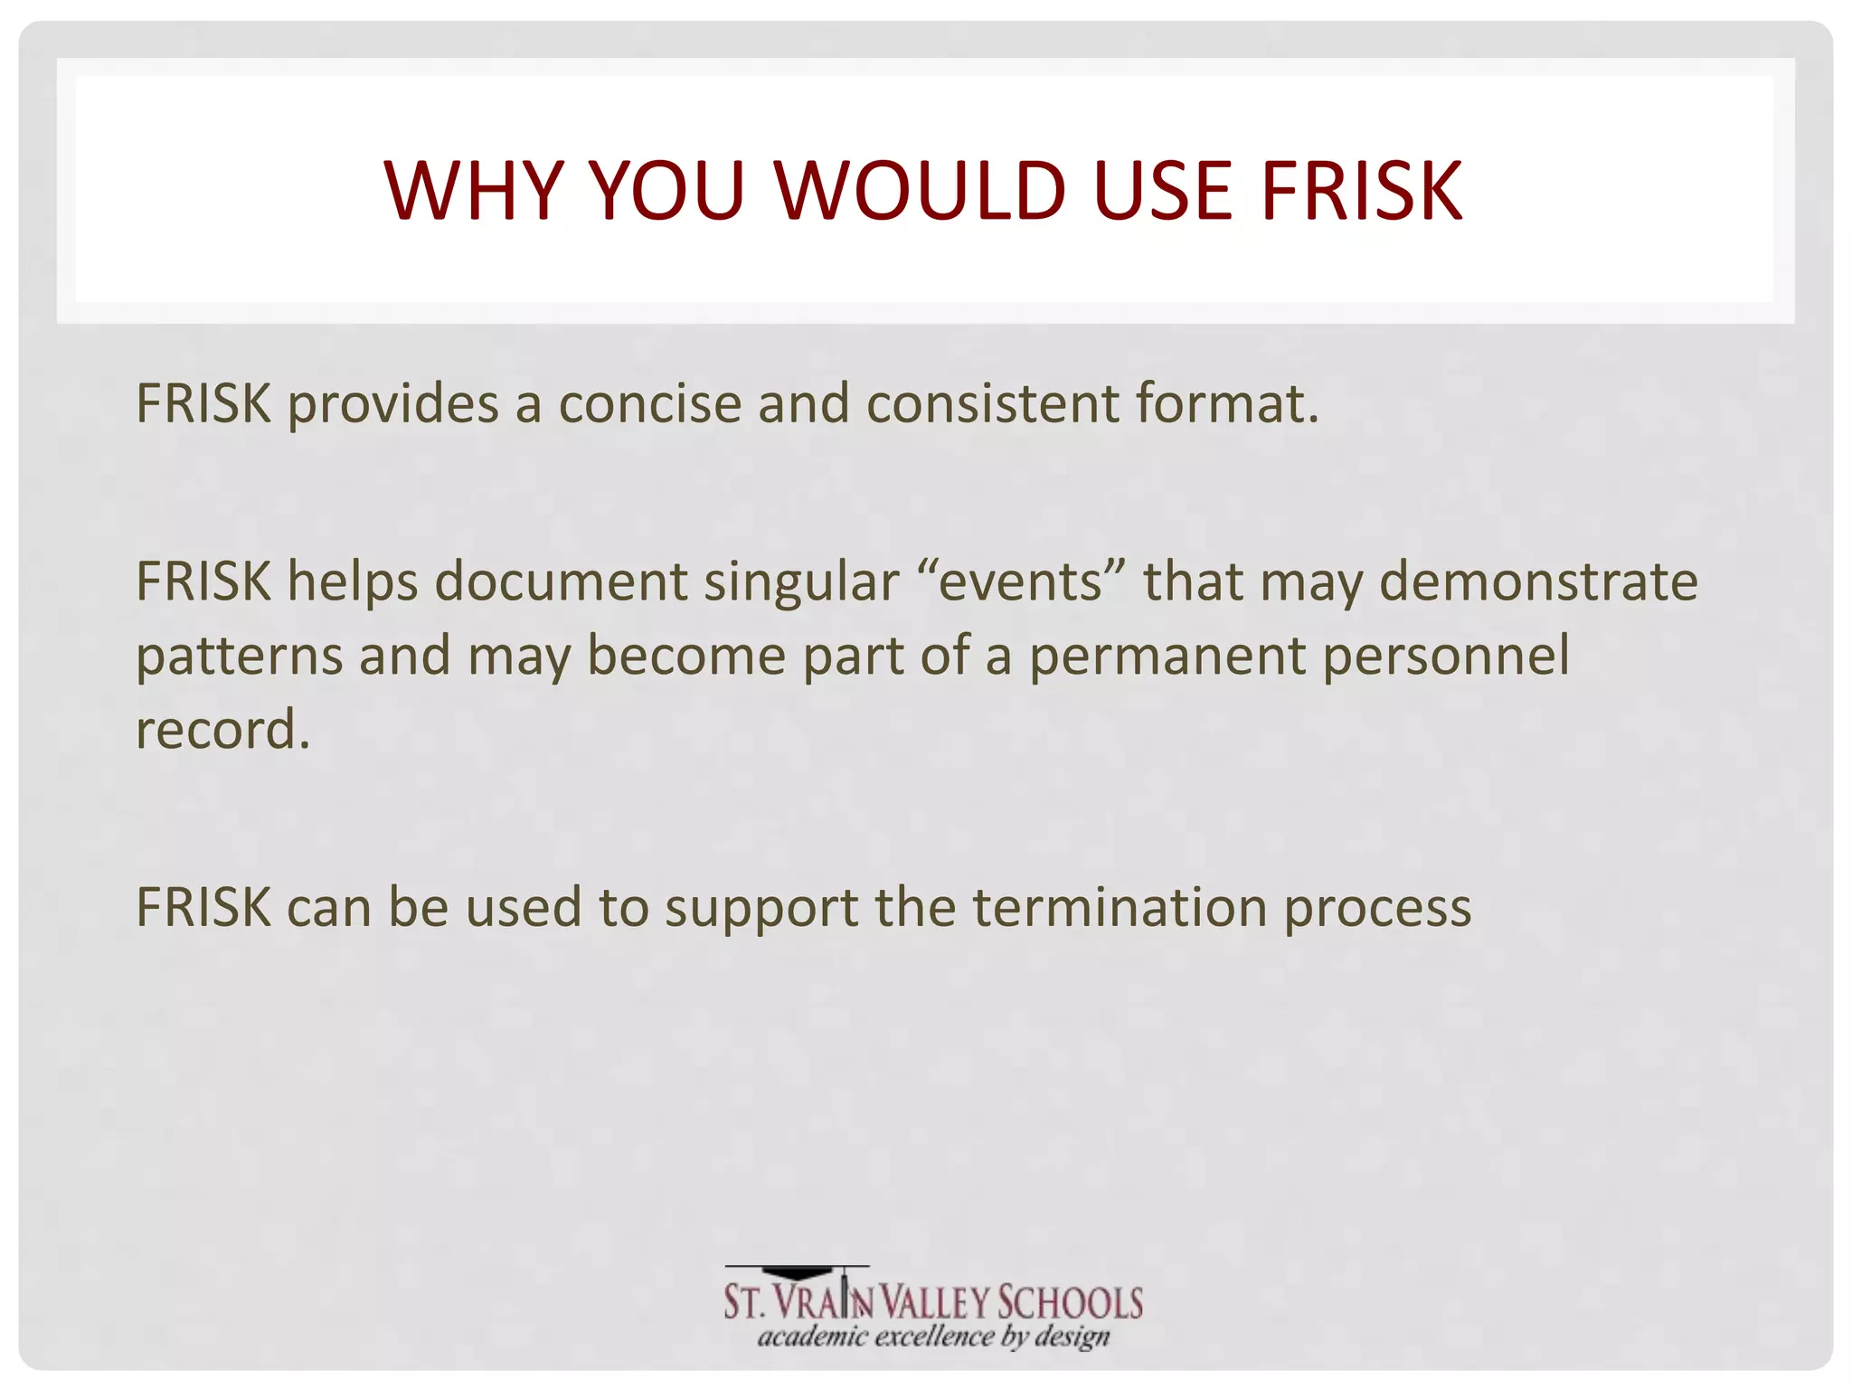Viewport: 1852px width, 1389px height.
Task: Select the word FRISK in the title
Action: (1361, 191)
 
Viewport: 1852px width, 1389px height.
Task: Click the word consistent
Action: (992, 403)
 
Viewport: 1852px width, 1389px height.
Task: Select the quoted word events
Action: (1020, 581)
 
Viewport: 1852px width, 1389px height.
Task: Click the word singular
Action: (801, 581)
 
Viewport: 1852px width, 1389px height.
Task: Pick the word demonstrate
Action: (1538, 581)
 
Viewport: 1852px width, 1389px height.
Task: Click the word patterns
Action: (239, 657)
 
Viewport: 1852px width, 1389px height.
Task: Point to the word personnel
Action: (1446, 655)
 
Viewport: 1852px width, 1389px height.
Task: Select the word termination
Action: (1120, 907)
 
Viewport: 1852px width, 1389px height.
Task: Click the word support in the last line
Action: (761, 909)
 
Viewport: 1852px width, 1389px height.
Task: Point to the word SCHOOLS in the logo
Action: (1070, 1303)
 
